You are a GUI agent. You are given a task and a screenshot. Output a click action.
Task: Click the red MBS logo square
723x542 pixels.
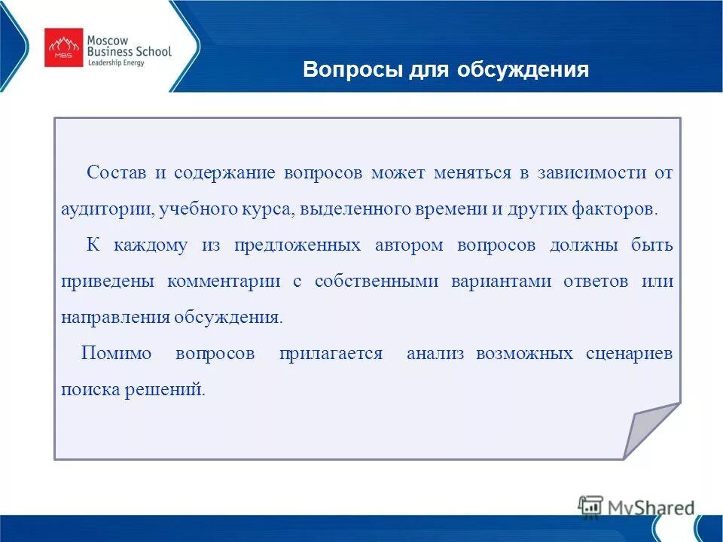point(64,47)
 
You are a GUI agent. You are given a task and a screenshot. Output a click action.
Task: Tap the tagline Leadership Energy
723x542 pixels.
point(117,63)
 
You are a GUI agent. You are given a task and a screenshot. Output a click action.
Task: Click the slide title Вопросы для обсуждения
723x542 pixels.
point(445,70)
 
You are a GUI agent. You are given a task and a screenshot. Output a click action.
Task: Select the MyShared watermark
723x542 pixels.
point(636,507)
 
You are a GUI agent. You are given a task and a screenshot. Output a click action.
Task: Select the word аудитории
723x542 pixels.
point(107,209)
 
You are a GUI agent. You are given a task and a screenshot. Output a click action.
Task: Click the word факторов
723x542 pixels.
point(620,209)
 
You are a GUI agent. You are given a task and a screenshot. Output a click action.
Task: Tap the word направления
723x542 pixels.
point(115,317)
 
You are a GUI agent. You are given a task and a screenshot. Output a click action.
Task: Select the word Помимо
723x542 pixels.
point(116,354)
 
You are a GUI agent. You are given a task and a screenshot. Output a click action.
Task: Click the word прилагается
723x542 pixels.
point(331,354)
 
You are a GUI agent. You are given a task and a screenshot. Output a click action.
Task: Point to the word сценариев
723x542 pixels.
point(629,354)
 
